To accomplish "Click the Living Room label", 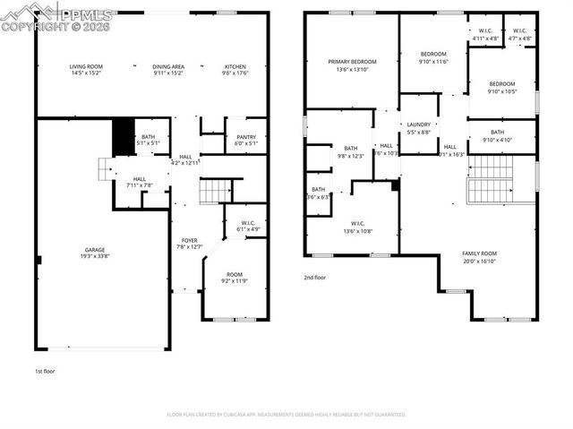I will click(87, 71).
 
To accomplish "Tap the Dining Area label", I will click(168, 71).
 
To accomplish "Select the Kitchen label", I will click(235, 71).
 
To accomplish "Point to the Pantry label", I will click(246, 141).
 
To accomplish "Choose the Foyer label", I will click(190, 243).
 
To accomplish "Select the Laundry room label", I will click(419, 128).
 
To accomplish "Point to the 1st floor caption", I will click(45, 371).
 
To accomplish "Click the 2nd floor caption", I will click(314, 278).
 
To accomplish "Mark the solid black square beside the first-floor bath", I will click(122, 136).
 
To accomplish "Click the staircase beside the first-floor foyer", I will click(215, 190).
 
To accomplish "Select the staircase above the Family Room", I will click(490, 179).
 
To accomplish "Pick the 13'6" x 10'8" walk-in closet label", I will click(356, 227).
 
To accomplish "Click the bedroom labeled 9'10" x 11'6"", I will click(432, 58).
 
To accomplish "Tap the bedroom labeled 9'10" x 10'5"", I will click(501, 87).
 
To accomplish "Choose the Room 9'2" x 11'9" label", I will click(235, 278).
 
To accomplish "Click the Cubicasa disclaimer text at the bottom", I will click(286, 415).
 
